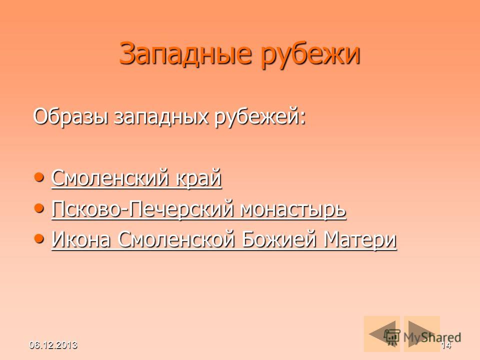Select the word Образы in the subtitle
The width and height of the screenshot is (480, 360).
click(x=70, y=117)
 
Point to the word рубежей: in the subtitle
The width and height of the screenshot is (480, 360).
click(x=260, y=118)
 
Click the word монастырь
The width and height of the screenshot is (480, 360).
click(x=293, y=210)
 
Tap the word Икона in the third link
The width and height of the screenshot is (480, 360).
click(x=81, y=239)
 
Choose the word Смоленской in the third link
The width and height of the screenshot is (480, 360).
click(x=176, y=239)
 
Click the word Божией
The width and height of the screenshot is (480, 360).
click(x=279, y=239)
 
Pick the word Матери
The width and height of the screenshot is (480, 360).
click(x=360, y=240)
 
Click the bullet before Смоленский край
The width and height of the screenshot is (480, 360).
click(x=38, y=177)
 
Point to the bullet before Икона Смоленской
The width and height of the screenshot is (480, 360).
click(x=38, y=238)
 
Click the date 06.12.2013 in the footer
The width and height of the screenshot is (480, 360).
click(x=53, y=345)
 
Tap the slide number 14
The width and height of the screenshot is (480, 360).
click(x=446, y=345)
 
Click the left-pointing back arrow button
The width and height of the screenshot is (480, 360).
click(x=381, y=333)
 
